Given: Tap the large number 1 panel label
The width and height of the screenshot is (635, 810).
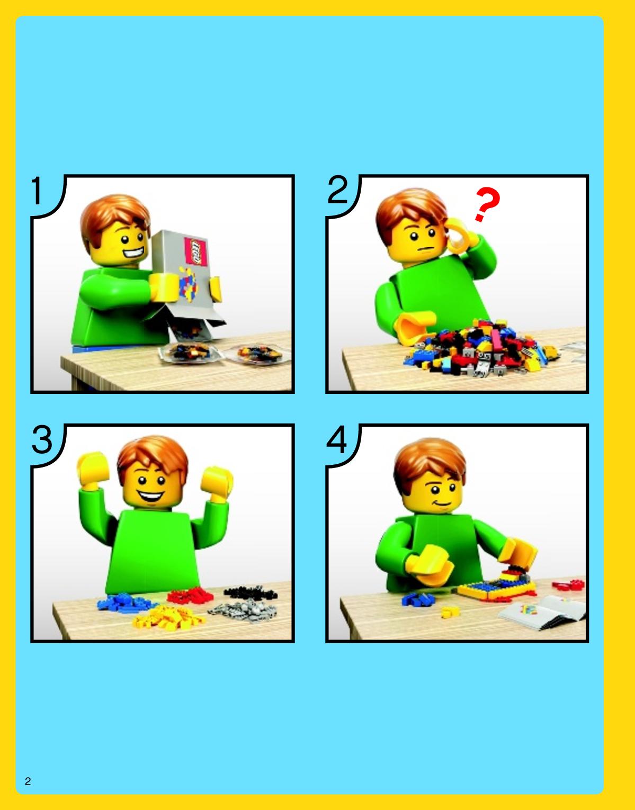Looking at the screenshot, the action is pyautogui.click(x=37, y=191).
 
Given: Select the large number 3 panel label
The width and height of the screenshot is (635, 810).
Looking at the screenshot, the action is pyautogui.click(x=42, y=440).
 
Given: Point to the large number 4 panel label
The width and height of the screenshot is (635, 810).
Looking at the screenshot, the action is pyautogui.click(x=337, y=440).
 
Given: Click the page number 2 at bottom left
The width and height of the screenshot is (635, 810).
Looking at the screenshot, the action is pyautogui.click(x=28, y=781).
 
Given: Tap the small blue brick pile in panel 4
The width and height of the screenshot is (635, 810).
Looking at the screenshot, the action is pyautogui.click(x=418, y=599).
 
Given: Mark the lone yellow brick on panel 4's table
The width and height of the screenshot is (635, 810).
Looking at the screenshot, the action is pyautogui.click(x=450, y=611).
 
